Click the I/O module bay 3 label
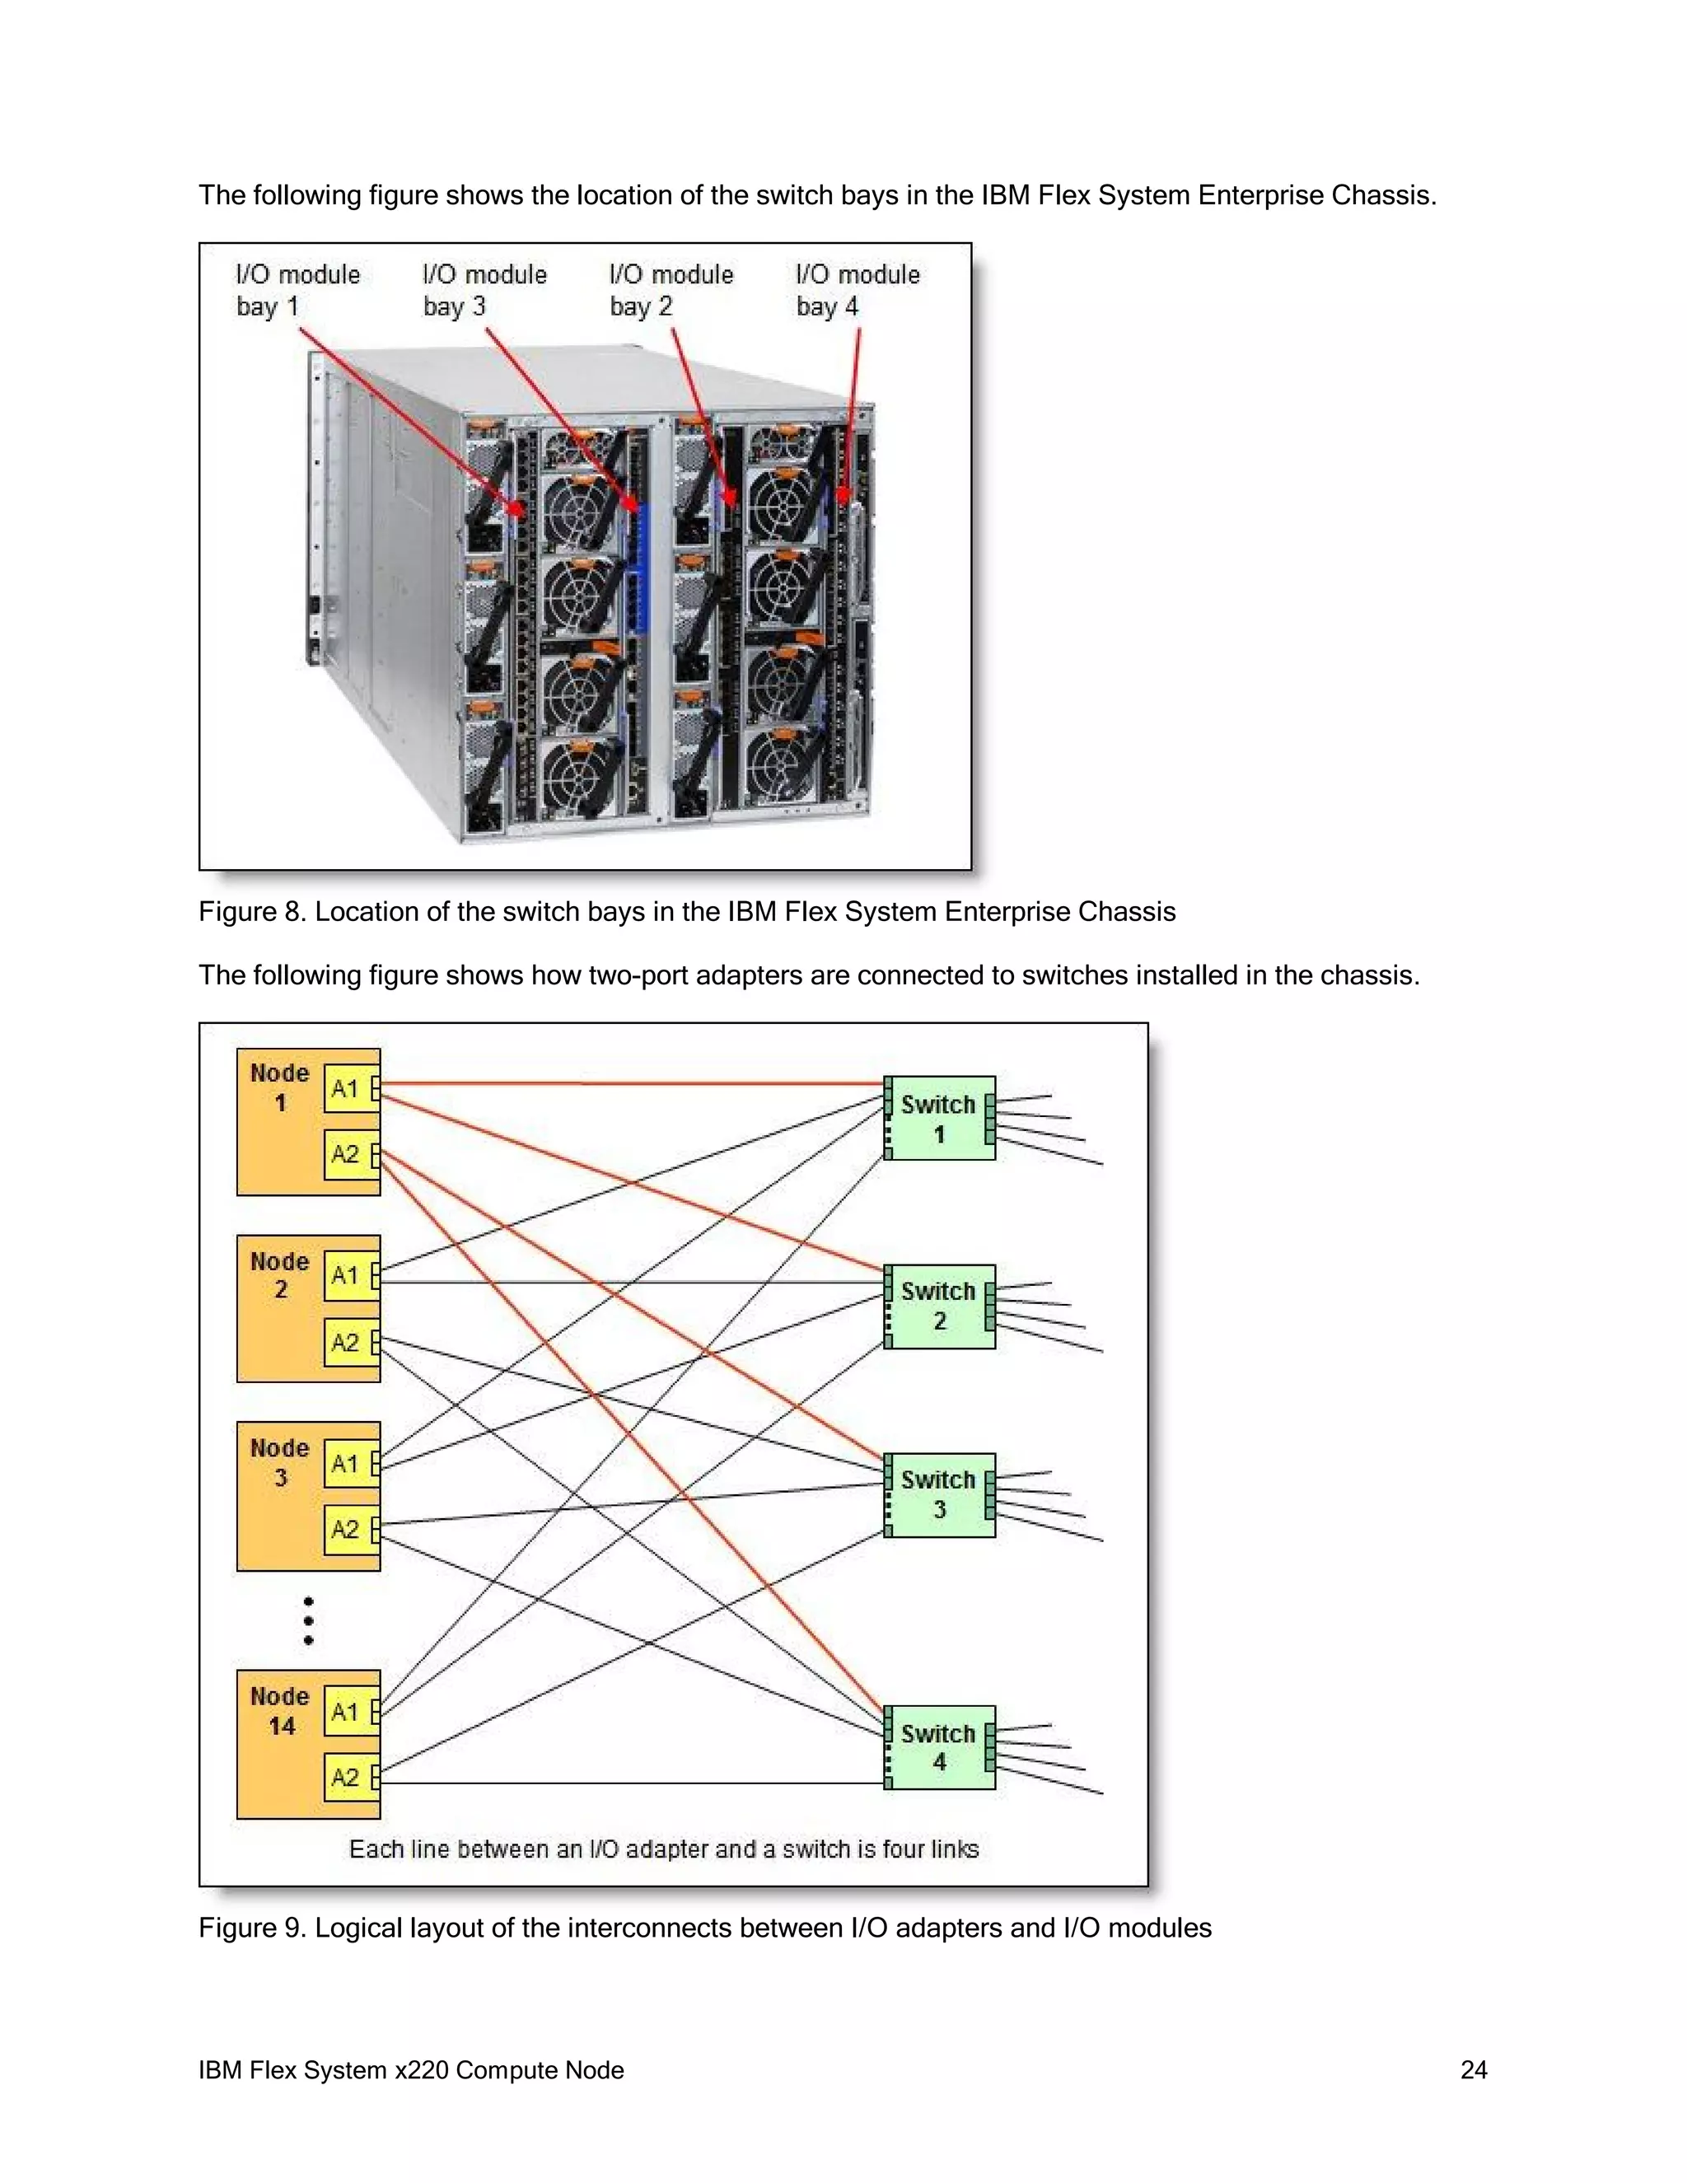click(484, 290)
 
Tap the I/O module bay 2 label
click(671, 290)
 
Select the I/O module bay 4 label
click(857, 290)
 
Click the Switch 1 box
click(938, 1119)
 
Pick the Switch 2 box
click(938, 1306)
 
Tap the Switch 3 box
click(938, 1494)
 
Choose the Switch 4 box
click(938, 1747)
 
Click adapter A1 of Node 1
click(346, 1088)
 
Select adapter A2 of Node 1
click(346, 1154)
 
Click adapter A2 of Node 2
click(346, 1343)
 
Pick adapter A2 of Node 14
click(346, 1777)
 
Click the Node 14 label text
click(280, 1711)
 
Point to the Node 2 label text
click(280, 1275)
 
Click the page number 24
click(1473, 2070)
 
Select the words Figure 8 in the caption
click(251, 912)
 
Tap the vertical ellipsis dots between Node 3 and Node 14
click(309, 1620)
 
